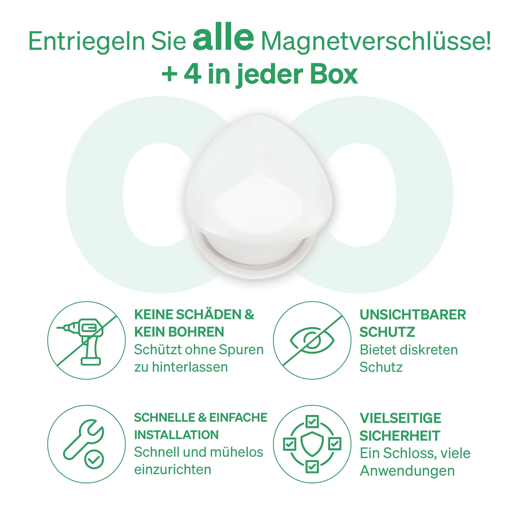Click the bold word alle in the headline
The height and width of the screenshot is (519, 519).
(223, 37)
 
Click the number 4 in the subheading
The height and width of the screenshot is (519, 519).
(193, 74)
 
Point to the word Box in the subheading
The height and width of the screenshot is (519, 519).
(334, 74)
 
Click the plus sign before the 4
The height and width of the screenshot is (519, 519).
(169, 74)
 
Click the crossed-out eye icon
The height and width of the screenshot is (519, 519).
(312, 340)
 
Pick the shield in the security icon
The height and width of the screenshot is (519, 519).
(312, 444)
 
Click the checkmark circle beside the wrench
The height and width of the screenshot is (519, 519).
(94, 460)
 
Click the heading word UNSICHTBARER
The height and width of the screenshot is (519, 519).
(413, 315)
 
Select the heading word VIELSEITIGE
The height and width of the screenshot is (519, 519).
(400, 418)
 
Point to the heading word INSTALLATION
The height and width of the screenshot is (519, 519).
(176, 435)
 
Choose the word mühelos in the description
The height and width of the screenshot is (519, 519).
(236, 452)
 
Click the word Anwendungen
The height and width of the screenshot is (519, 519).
(407, 471)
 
